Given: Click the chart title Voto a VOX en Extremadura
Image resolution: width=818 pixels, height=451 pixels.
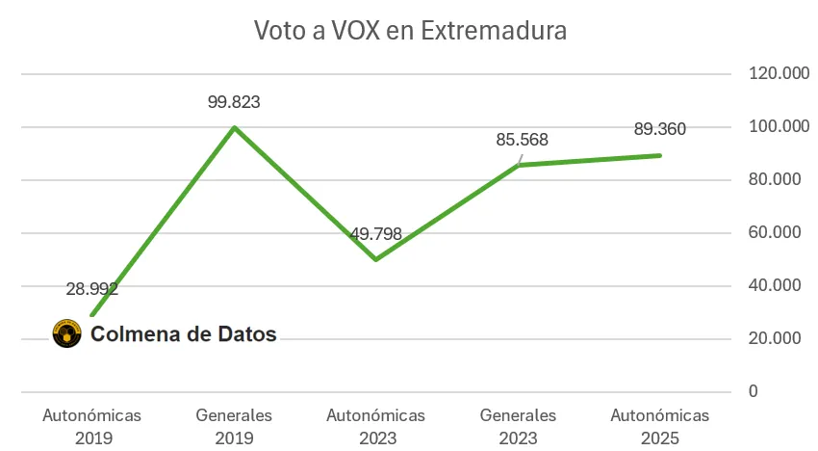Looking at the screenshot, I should [410, 31].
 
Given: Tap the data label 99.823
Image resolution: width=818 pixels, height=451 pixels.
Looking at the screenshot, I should [234, 101].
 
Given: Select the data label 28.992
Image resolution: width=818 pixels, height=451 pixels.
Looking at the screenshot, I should [92, 288].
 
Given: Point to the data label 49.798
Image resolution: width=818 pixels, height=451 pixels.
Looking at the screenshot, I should [375, 233].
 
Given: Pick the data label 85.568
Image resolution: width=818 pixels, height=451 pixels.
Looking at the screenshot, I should [522, 140].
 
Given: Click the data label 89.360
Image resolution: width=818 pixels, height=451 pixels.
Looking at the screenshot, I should [660, 128].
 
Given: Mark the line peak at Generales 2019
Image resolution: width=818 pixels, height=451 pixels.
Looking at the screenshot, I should [235, 127].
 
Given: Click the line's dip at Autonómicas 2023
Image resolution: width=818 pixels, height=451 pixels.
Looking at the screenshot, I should [375, 259].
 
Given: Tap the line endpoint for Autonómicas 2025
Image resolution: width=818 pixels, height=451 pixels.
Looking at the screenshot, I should [660, 155].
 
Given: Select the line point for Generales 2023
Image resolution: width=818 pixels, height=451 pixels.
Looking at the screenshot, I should [518, 165].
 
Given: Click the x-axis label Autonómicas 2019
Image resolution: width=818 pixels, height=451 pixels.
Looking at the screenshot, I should [92, 426].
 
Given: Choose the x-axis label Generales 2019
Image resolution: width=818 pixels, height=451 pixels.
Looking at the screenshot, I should [234, 426].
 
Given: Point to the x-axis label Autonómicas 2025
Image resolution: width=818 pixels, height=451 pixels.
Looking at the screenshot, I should [660, 426].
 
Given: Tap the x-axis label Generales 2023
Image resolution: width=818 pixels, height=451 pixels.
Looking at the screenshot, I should [518, 426].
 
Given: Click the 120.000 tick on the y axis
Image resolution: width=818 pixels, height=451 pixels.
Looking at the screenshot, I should [771, 74].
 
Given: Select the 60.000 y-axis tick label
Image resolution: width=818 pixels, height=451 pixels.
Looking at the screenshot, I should [771, 233].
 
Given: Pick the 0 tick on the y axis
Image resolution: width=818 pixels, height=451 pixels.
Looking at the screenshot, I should [754, 392].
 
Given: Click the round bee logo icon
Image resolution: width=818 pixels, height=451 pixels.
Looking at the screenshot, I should [66, 334].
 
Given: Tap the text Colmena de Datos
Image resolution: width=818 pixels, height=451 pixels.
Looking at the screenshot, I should [183, 334].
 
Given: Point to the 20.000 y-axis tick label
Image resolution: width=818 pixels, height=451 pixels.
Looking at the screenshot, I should [771, 339].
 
